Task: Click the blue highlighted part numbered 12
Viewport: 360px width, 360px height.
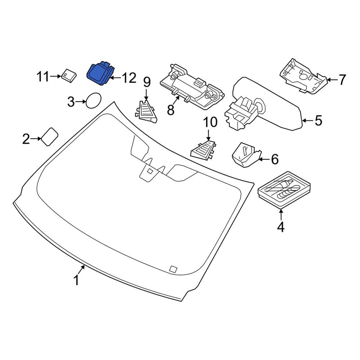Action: (x=100, y=73)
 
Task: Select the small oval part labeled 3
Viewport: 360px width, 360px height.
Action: (x=93, y=100)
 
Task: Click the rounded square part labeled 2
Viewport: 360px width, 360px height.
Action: (x=49, y=136)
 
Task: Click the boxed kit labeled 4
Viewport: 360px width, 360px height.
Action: (x=284, y=189)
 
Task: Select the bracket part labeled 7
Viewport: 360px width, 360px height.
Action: (x=303, y=76)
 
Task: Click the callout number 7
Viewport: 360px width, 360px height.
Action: (x=342, y=80)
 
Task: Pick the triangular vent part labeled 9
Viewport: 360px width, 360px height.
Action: (x=146, y=111)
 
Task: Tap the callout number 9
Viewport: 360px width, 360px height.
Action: (x=147, y=82)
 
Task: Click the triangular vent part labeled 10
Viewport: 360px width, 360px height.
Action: (x=204, y=149)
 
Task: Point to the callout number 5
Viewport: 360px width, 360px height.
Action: (x=319, y=120)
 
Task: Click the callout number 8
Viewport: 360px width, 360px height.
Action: (x=171, y=109)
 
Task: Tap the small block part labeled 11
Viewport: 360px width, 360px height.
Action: (x=69, y=75)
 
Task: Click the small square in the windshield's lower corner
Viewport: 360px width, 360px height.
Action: (x=174, y=269)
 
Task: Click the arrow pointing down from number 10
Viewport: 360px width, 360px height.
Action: (x=208, y=135)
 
